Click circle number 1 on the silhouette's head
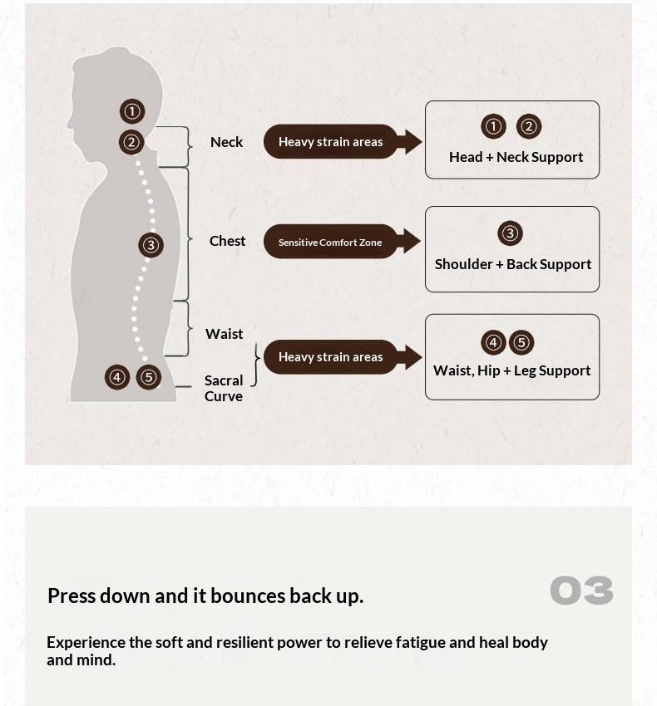coord(131,110)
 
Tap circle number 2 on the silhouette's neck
coord(131,142)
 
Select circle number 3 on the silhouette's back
coord(151,244)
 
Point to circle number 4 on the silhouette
coord(117,377)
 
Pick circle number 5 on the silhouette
coord(148,377)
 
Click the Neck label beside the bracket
coord(226,142)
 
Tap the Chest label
coord(227,241)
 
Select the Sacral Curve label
coord(224,388)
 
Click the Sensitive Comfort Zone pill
coord(330,243)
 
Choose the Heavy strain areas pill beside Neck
coord(330,142)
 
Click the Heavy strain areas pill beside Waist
coord(330,357)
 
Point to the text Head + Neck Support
coord(516,157)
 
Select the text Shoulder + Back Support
coord(513,264)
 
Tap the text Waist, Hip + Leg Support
coord(511,370)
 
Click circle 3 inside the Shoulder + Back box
coord(510,233)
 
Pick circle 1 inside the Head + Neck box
coord(493,126)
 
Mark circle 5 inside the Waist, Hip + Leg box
coord(521,342)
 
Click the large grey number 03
coord(581,591)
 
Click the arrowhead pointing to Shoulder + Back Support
coord(410,242)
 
